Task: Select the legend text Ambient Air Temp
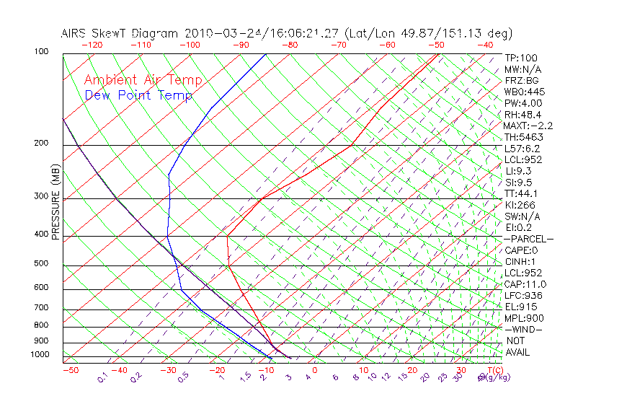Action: tap(143, 80)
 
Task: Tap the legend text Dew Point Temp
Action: tap(138, 95)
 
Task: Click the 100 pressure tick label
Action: tap(41, 52)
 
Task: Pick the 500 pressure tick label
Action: tap(41, 264)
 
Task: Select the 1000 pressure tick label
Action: tap(40, 355)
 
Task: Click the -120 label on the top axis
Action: tap(92, 45)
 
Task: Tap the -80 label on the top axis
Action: tap(290, 45)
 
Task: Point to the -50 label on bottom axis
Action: tap(70, 370)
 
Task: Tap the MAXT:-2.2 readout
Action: tap(528, 126)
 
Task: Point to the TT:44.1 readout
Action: tap(522, 193)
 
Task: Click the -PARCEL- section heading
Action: tap(529, 239)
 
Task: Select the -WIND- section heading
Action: tap(524, 329)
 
